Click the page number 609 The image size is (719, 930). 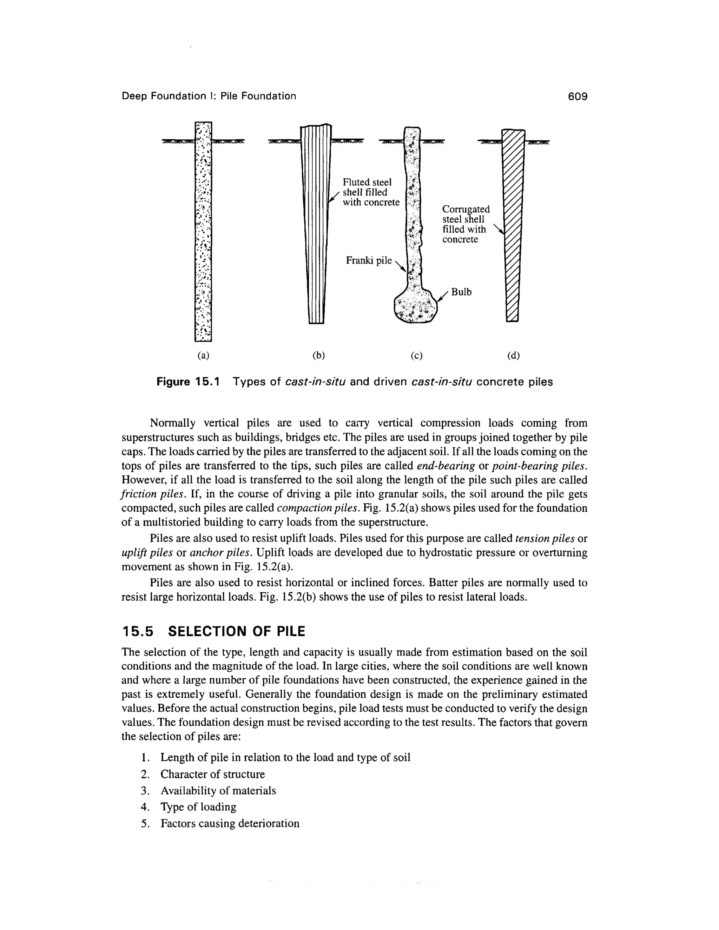[578, 96]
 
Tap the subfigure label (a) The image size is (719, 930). [203, 355]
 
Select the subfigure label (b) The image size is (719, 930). [319, 355]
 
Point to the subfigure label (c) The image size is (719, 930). [417, 355]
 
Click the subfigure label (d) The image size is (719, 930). [514, 355]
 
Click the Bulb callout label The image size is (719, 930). [461, 292]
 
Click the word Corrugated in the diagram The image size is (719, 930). [466, 210]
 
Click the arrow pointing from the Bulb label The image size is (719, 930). [443, 296]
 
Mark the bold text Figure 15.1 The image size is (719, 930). [188, 382]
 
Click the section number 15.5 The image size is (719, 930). [137, 631]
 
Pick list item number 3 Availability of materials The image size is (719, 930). [218, 791]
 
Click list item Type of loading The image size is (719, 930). [198, 807]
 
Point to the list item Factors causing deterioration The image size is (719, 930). [230, 824]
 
